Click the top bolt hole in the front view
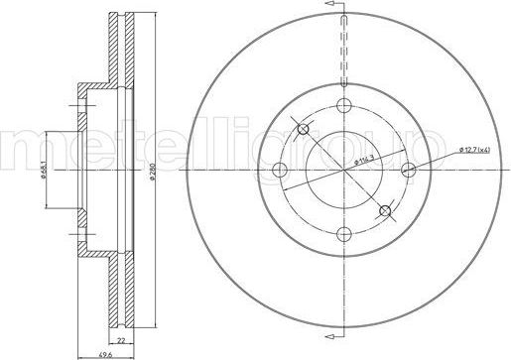pos(344,106)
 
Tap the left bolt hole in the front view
pos(281,170)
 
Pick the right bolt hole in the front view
pos(408,170)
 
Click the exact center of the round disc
pos(344,170)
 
